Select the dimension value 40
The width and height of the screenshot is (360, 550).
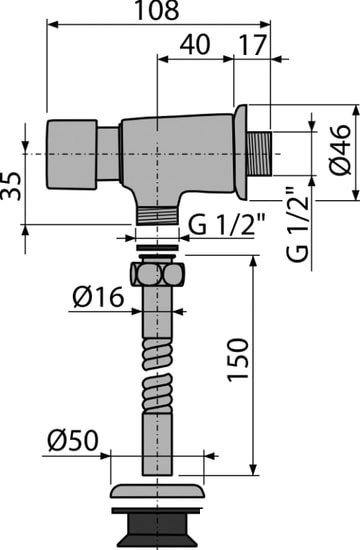(196, 45)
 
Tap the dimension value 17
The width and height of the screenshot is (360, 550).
(253, 45)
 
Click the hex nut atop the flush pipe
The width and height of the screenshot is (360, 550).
(156, 274)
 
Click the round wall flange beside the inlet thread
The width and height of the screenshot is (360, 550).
(239, 154)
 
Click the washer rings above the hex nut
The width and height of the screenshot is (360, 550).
(156, 247)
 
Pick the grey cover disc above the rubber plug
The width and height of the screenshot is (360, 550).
(156, 493)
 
